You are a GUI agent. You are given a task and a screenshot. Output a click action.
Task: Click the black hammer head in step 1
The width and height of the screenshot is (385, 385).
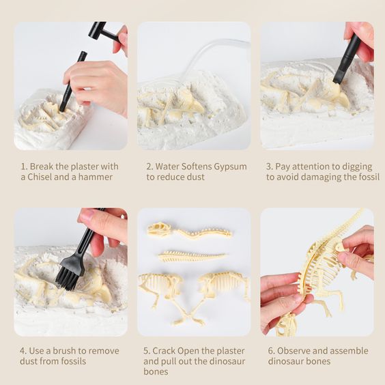(x=98, y=30)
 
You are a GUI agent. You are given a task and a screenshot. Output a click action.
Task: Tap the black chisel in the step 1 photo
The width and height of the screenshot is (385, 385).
(x=73, y=81)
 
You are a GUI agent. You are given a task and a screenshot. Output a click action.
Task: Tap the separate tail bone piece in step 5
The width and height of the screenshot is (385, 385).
(x=192, y=257)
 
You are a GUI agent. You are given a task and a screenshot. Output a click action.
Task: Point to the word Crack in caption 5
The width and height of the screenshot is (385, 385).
(x=164, y=351)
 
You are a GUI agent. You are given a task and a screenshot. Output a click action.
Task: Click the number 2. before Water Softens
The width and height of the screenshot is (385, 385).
(x=149, y=167)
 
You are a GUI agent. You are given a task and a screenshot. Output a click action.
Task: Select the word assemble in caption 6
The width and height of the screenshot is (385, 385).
(x=349, y=351)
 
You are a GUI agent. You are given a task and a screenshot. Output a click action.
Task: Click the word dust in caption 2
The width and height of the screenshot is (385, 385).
(x=195, y=177)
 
